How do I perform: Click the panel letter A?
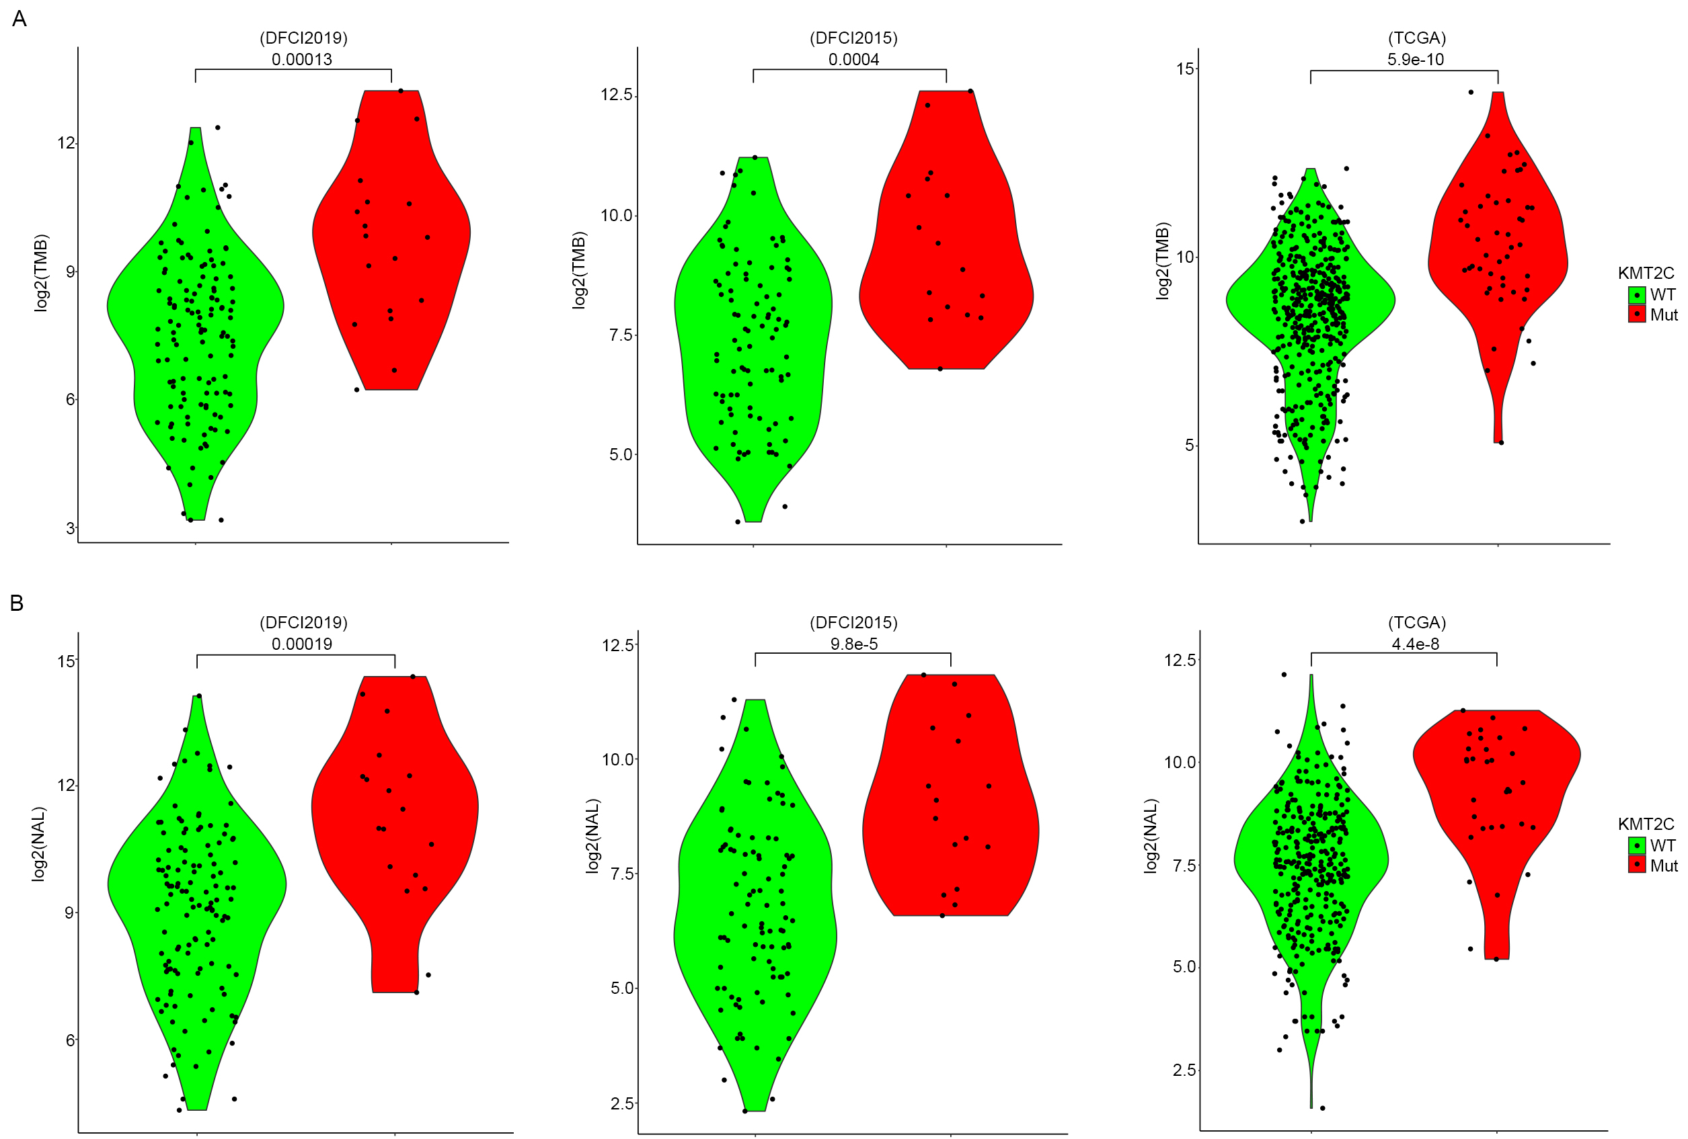pyautogui.click(x=20, y=19)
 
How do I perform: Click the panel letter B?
pyautogui.click(x=17, y=603)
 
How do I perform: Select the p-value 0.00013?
pyautogui.click(x=301, y=60)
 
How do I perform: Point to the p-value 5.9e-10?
pyautogui.click(x=1415, y=60)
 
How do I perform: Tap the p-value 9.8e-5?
pyautogui.click(x=853, y=644)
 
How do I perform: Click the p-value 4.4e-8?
pyautogui.click(x=1415, y=644)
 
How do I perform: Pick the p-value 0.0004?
pyautogui.click(x=853, y=60)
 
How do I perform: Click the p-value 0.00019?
pyautogui.click(x=301, y=644)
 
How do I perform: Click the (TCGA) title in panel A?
pyautogui.click(x=1416, y=38)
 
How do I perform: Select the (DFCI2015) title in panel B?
pyautogui.click(x=853, y=622)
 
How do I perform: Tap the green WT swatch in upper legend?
pyautogui.click(x=1636, y=295)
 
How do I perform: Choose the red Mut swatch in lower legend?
pyautogui.click(x=1636, y=865)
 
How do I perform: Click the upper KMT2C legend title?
pyautogui.click(x=1645, y=273)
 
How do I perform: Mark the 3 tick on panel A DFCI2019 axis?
pyautogui.click(x=71, y=528)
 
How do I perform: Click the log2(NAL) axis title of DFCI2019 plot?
pyautogui.click(x=39, y=844)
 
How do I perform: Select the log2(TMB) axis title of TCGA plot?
pyautogui.click(x=1163, y=261)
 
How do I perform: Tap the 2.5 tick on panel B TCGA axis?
pyautogui.click(x=1183, y=1070)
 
